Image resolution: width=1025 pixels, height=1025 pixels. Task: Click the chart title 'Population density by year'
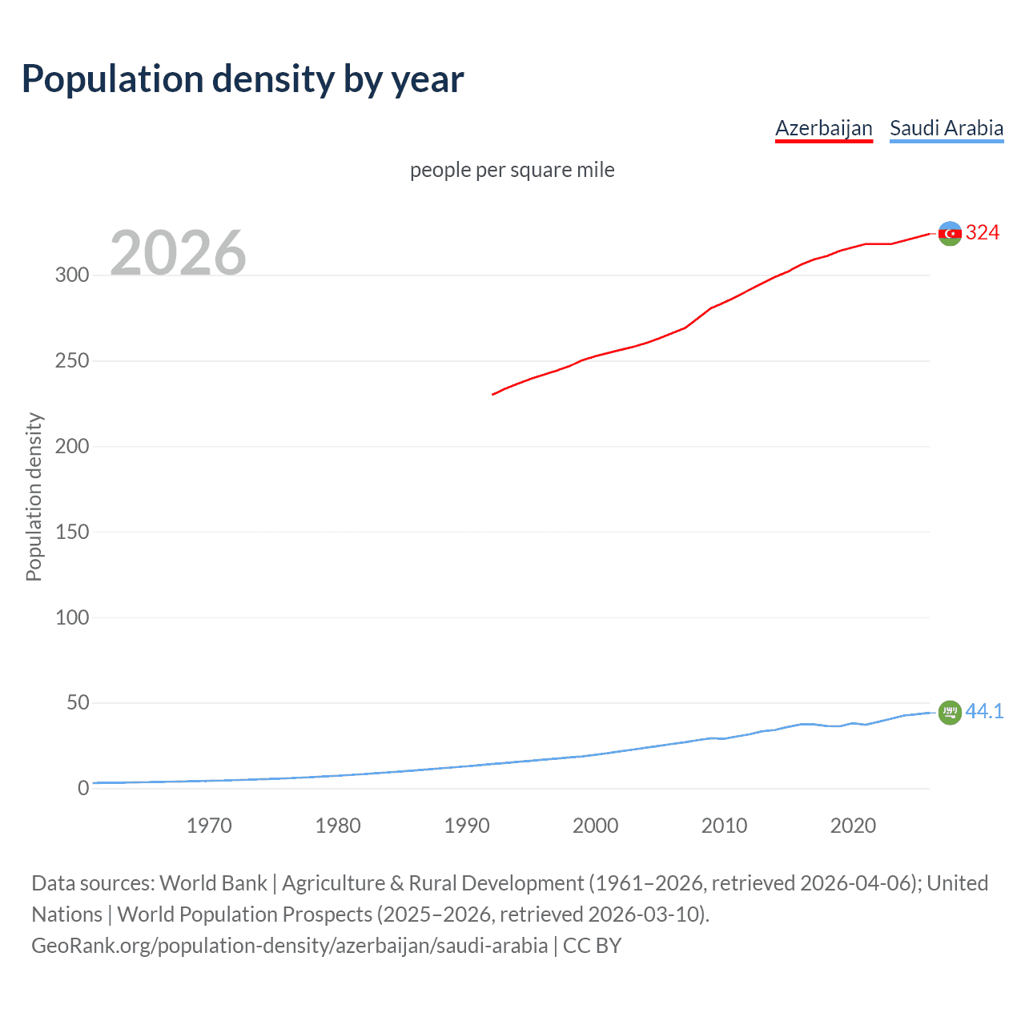(x=243, y=79)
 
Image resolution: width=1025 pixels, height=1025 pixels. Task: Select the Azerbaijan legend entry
(x=823, y=128)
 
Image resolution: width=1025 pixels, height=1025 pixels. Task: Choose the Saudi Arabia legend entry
(x=947, y=128)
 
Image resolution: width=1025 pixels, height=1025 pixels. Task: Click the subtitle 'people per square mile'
(x=512, y=171)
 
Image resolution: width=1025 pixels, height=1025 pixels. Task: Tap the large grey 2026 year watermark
(x=178, y=253)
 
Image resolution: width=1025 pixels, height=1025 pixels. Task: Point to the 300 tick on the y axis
(x=72, y=275)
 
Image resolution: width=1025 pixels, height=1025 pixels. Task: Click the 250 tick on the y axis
(x=72, y=361)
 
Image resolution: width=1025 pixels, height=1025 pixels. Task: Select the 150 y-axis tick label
(x=72, y=532)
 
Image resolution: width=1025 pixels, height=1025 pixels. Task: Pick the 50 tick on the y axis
(x=78, y=703)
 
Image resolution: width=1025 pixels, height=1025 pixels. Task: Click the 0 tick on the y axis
(x=83, y=789)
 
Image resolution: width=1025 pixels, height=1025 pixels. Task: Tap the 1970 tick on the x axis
(x=209, y=826)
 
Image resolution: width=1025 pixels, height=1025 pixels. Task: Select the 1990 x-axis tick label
(x=467, y=826)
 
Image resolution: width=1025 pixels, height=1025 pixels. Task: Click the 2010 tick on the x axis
(x=724, y=826)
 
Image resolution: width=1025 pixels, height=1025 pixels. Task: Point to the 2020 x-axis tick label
(x=853, y=826)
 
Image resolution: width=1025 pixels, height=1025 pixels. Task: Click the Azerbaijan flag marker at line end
(x=950, y=234)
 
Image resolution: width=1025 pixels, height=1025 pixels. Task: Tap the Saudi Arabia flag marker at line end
(x=950, y=712)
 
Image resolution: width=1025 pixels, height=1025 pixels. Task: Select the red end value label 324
(x=983, y=233)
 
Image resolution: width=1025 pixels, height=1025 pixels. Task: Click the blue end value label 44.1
(x=984, y=711)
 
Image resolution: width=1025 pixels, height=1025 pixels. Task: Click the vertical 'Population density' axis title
(x=34, y=496)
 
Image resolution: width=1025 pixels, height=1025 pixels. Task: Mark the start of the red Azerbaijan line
(x=492, y=394)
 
